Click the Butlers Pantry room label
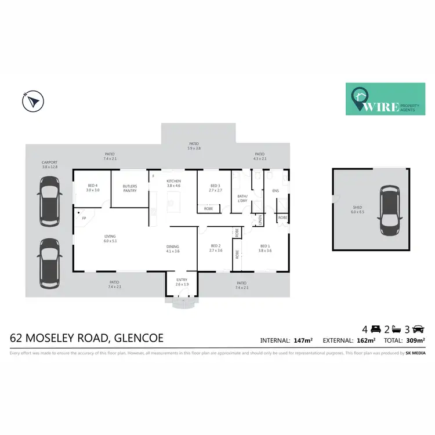pos(130,188)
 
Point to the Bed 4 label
pos(93,188)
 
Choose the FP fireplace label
pos(84,218)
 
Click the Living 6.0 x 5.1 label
pos(110,238)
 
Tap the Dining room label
pos(173,248)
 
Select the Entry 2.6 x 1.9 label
pos(182,283)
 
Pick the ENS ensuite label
pos(275,190)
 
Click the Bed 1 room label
pos(265,248)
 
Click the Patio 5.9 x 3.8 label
pos(194,146)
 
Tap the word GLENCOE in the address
pos(139,338)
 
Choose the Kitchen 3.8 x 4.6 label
pos(174,184)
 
